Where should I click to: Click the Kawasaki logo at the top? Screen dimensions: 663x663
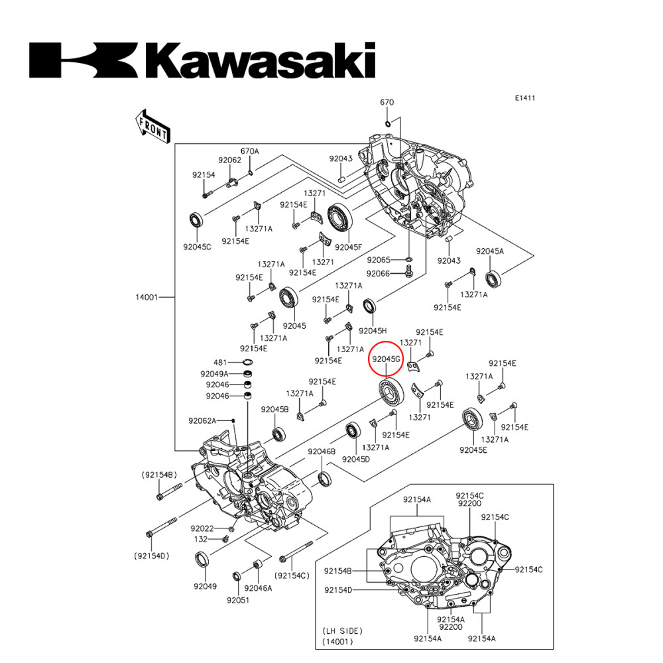coord(202,60)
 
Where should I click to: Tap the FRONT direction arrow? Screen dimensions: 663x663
coord(152,126)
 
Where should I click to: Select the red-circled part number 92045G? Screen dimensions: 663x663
coord(386,359)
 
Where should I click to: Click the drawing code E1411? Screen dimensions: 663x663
coord(524,98)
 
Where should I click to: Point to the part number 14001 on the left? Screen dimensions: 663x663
coord(147,298)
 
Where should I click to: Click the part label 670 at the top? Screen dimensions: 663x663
coord(387,102)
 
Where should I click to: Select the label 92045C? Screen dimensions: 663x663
coord(197,247)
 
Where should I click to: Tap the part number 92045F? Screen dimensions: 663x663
coord(349,247)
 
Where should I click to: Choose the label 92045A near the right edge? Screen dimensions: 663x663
coord(489,251)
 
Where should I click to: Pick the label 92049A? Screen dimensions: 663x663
coord(214,374)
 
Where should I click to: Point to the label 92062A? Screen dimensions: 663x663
coord(202,420)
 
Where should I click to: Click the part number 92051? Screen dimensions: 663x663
coord(237,600)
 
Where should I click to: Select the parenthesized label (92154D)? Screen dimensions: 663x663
coord(152,556)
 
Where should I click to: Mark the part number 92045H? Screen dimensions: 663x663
coord(373,330)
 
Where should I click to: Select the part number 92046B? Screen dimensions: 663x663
coord(321,452)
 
